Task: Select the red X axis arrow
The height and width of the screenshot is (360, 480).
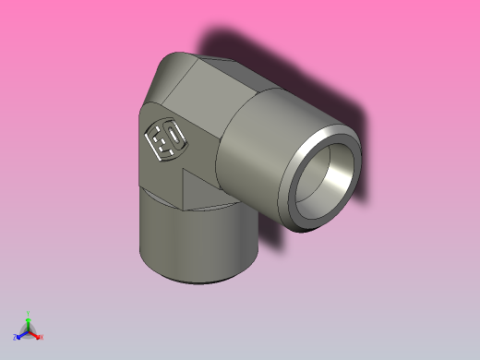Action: point(35,335)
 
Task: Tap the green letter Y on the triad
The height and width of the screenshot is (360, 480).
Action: point(28,313)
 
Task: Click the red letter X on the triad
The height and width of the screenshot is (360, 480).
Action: point(42,337)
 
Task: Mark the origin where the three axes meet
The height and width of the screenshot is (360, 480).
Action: point(28,332)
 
